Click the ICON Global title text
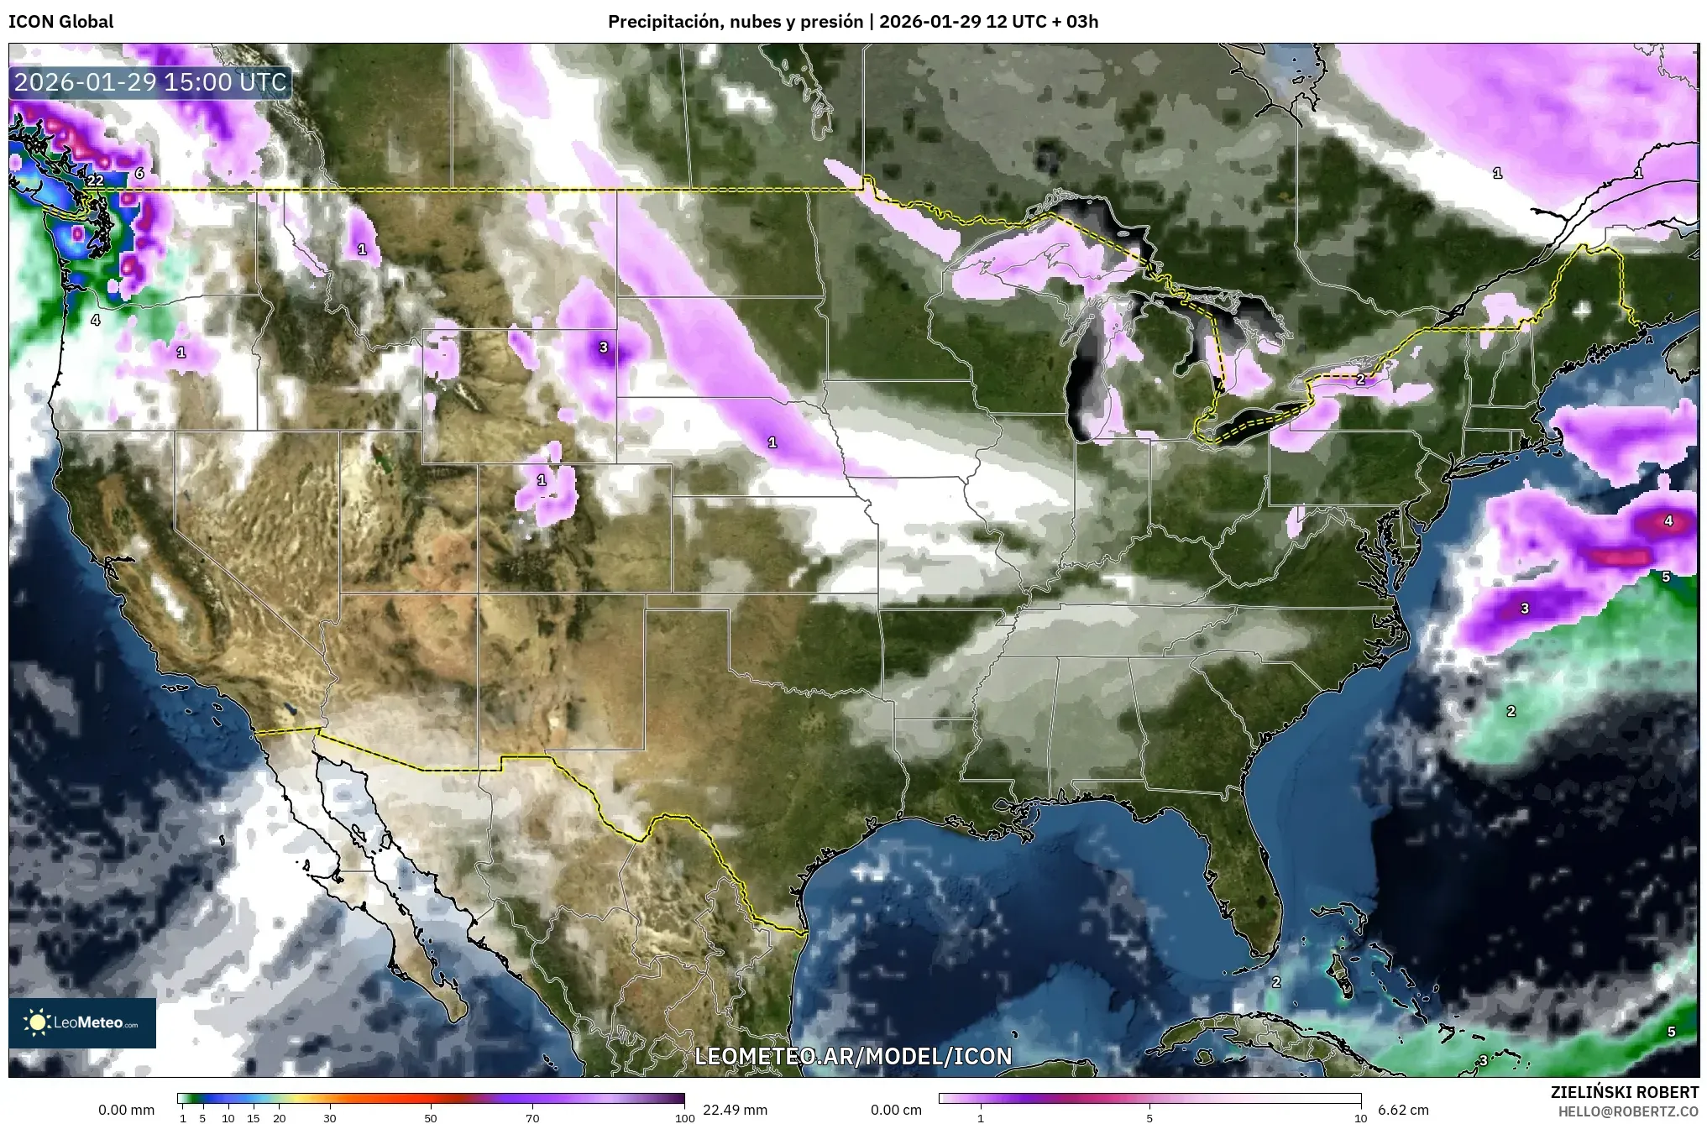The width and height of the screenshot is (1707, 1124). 60,22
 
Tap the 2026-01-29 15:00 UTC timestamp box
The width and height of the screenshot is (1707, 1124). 151,82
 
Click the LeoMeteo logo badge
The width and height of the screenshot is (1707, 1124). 82,1022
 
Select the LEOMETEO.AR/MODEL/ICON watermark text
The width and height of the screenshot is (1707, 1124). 853,1056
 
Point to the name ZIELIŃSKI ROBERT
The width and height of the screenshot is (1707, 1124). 1624,1092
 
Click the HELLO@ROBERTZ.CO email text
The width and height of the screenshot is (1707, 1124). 1628,1111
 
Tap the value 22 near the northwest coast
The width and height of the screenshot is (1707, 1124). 95,180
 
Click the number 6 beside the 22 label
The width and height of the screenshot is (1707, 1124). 139,174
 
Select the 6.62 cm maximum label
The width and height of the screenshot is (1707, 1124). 1403,1110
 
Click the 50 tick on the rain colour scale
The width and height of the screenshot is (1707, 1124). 431,1118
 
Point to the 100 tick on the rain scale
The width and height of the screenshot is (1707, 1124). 684,1118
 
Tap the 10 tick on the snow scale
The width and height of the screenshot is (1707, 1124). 1360,1118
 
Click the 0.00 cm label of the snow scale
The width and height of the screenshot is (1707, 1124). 896,1110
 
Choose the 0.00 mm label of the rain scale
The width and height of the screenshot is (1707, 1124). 126,1110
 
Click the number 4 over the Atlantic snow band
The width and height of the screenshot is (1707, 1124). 1668,521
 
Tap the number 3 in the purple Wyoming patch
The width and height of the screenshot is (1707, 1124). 603,348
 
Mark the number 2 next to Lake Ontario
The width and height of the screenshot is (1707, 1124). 1361,379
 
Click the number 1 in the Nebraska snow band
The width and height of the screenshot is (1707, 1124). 772,442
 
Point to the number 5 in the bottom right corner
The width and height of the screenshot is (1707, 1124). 1671,1032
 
